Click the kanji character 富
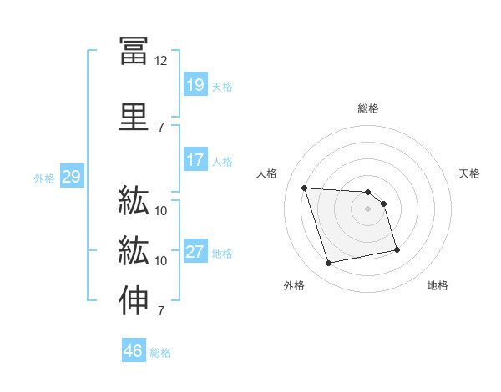134,50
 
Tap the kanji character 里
134,116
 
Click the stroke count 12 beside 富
161,61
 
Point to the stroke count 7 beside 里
161,127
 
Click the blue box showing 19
195,84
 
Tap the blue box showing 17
195,160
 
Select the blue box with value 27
195,253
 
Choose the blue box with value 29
71,177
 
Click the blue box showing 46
133,351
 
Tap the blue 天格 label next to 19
222,86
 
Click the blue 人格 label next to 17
222,162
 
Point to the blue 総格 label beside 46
160,353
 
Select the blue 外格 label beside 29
44,178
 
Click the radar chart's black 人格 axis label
268,173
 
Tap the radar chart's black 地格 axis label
438,285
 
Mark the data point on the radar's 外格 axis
329,264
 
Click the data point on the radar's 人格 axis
305,188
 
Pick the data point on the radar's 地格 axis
397,249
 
